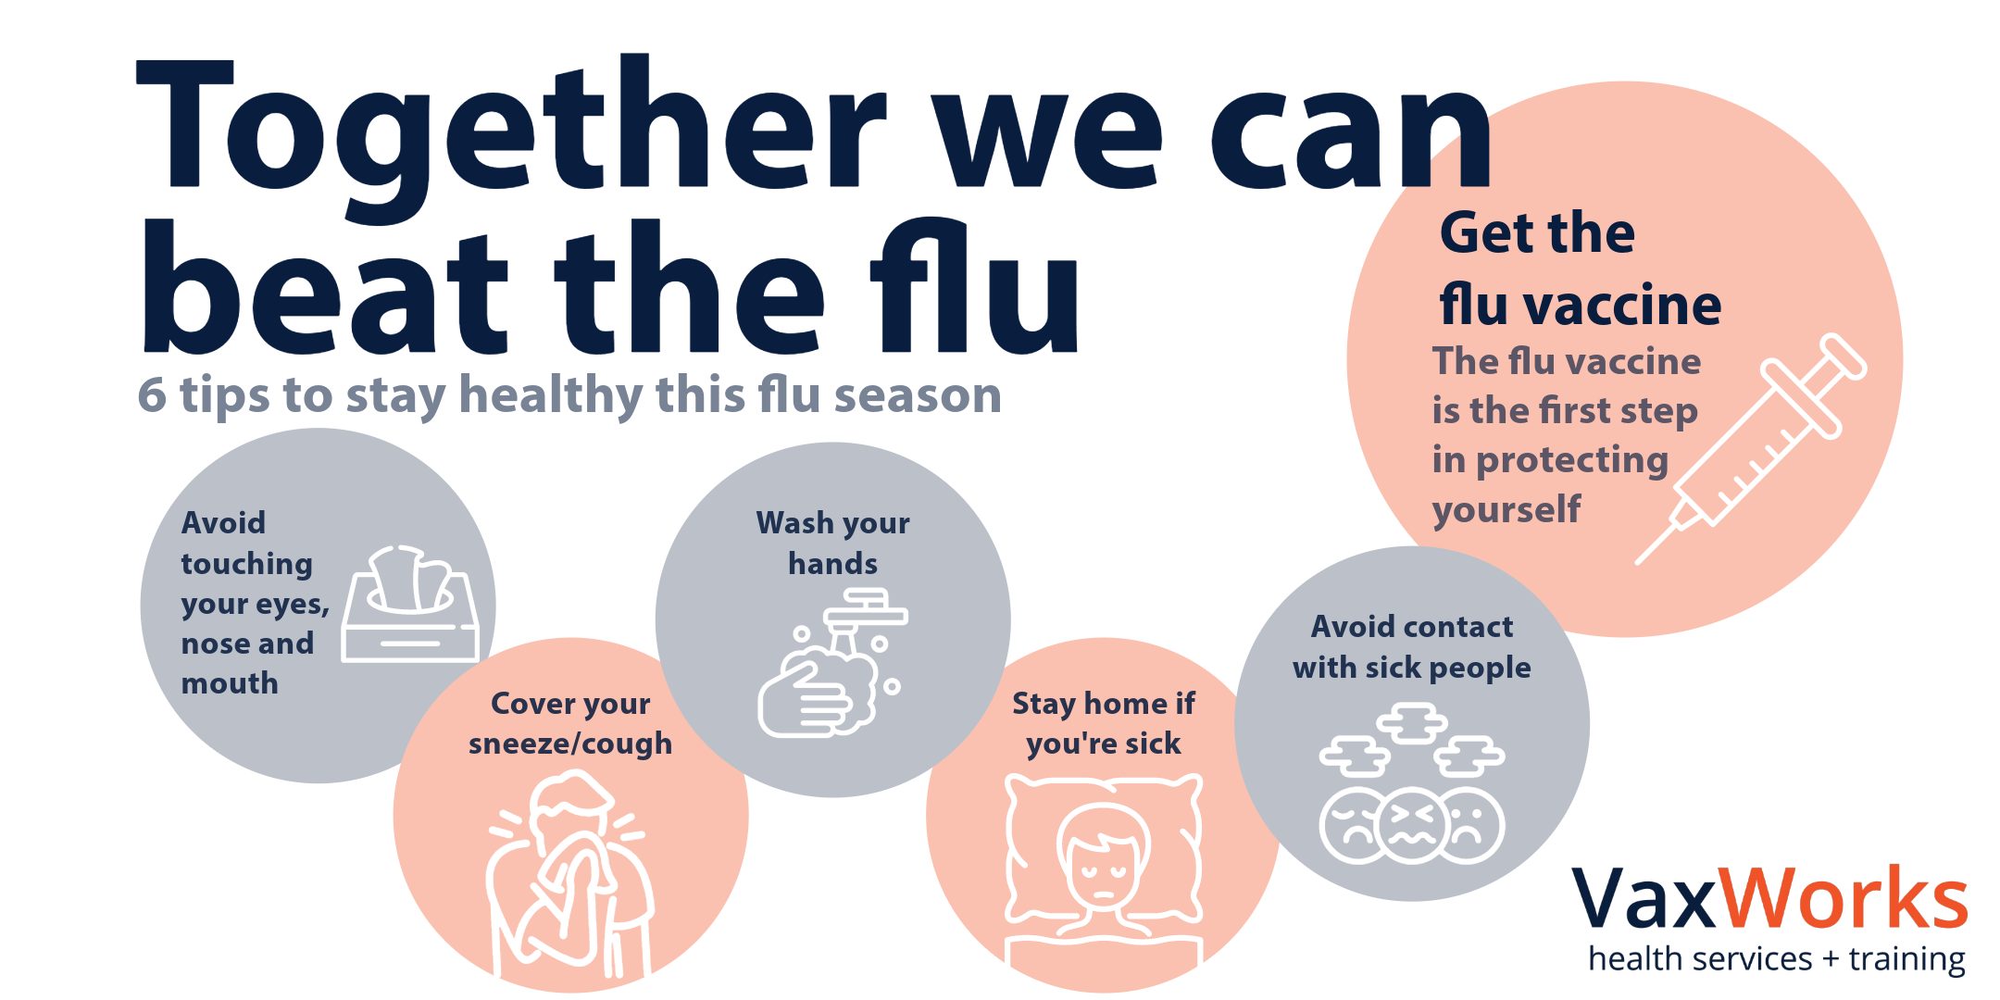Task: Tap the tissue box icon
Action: (x=410, y=604)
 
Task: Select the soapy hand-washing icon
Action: (x=831, y=663)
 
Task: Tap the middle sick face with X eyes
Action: (x=1412, y=824)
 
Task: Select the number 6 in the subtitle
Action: (x=152, y=395)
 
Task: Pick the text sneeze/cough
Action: (x=570, y=744)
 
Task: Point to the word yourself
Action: (x=1506, y=509)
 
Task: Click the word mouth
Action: (x=230, y=683)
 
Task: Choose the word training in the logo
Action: (x=1906, y=959)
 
